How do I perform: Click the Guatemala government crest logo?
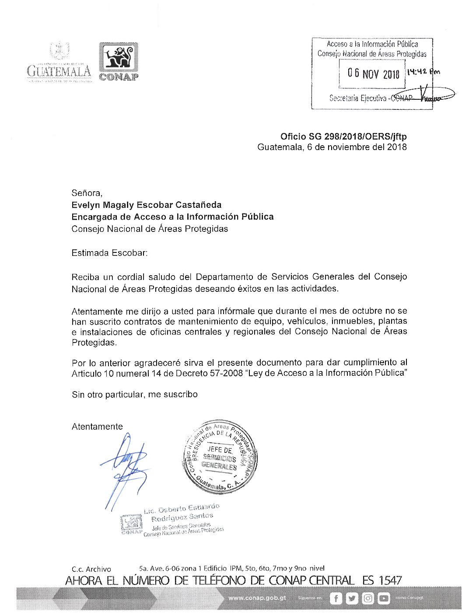tap(59, 61)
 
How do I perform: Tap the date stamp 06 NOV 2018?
tap(373, 73)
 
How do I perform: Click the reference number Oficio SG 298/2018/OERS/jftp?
tap(343, 136)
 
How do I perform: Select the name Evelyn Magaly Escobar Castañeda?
tap(147, 205)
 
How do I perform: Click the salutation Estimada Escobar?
tap(109, 253)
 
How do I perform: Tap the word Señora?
tap(87, 193)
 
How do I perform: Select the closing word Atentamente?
tap(97, 427)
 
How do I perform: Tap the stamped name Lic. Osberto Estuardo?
tap(182, 509)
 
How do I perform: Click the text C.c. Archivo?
tap(91, 569)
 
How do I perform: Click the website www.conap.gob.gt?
tap(257, 598)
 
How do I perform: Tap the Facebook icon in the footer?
tap(336, 598)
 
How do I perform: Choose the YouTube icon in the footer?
tap(384, 598)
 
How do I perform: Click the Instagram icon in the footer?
tap(368, 598)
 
